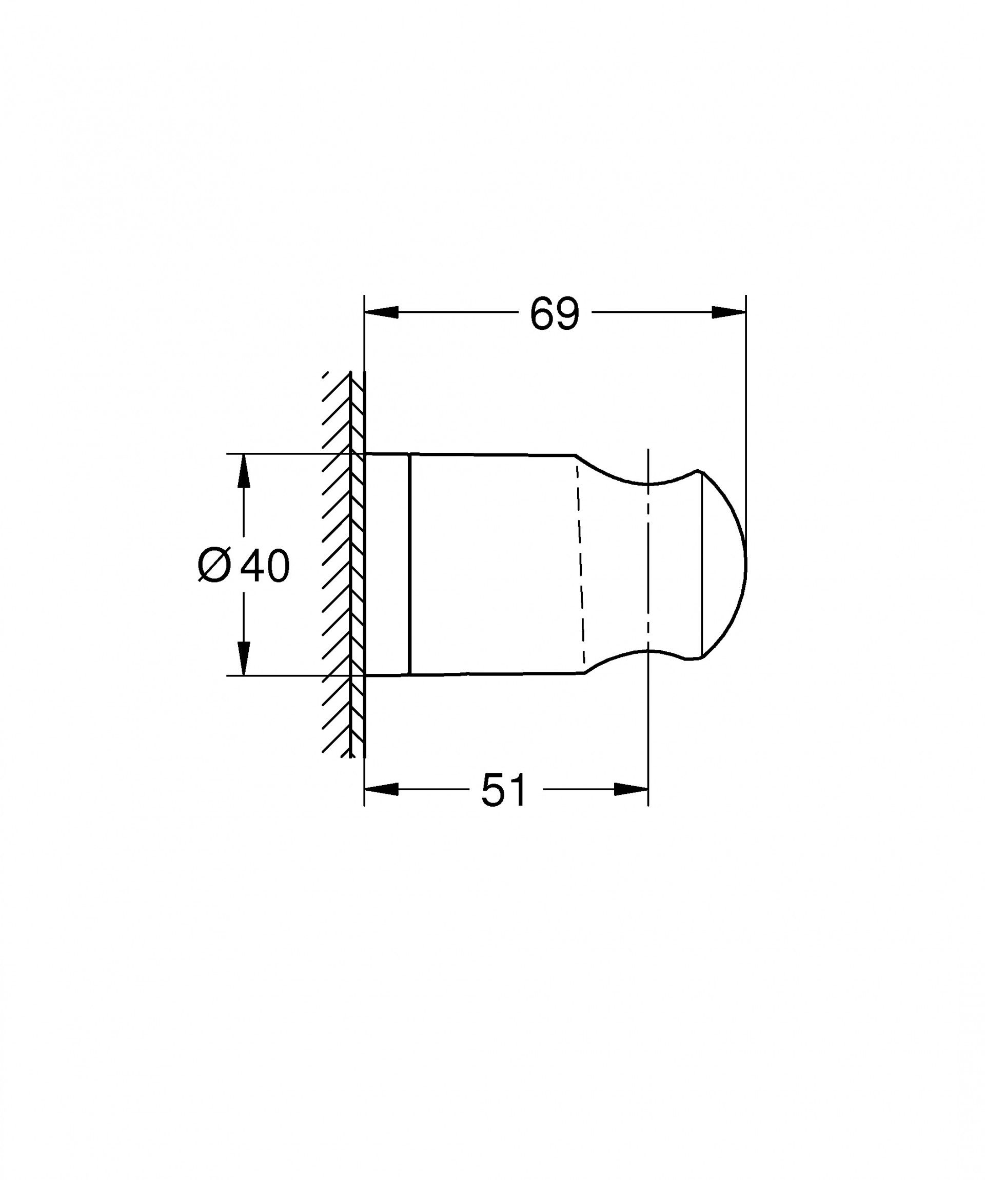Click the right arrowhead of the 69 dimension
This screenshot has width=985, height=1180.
(729, 312)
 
